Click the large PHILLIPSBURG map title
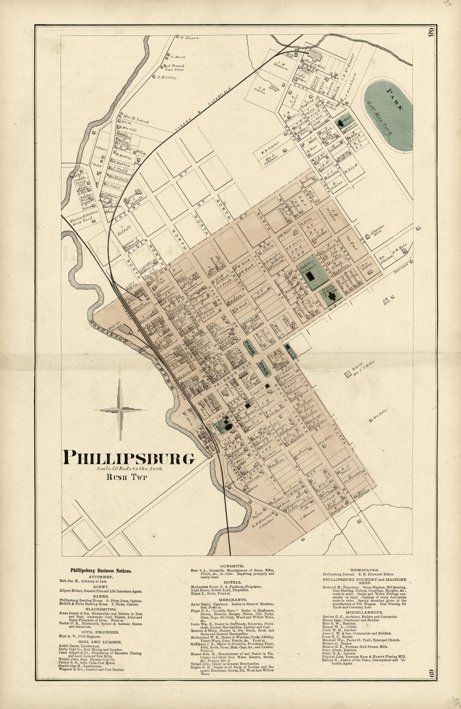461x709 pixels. (x=129, y=457)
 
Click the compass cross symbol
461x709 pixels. (x=121, y=410)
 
